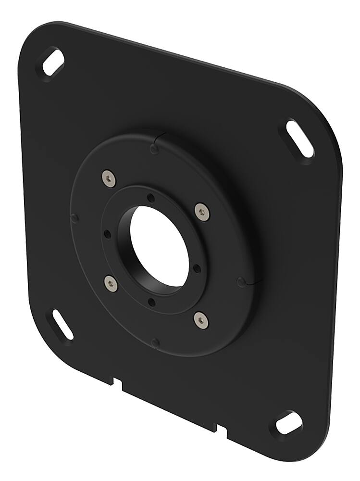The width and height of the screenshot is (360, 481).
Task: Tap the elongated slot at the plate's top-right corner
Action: pos(299,139)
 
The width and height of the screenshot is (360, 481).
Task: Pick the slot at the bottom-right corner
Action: pos(289,423)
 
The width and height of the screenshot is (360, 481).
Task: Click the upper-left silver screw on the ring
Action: pos(109,178)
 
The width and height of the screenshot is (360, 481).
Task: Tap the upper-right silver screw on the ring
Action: pos(202,212)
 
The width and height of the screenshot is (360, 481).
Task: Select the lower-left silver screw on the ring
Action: pos(111,284)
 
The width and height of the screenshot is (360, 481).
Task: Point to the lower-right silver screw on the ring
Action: pos(201,319)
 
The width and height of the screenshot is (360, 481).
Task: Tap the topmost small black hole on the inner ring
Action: pos(151,198)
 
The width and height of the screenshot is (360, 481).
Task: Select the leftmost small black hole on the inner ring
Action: pos(107,234)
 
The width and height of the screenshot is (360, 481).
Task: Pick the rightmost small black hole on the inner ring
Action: pos(197,268)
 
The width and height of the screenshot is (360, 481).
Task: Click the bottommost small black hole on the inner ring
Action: pos(152,302)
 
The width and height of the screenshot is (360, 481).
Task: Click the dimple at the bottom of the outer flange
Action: pos(155,342)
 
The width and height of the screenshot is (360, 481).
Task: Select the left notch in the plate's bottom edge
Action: pos(117,383)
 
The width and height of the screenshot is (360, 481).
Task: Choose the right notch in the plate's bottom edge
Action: pos(221,430)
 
